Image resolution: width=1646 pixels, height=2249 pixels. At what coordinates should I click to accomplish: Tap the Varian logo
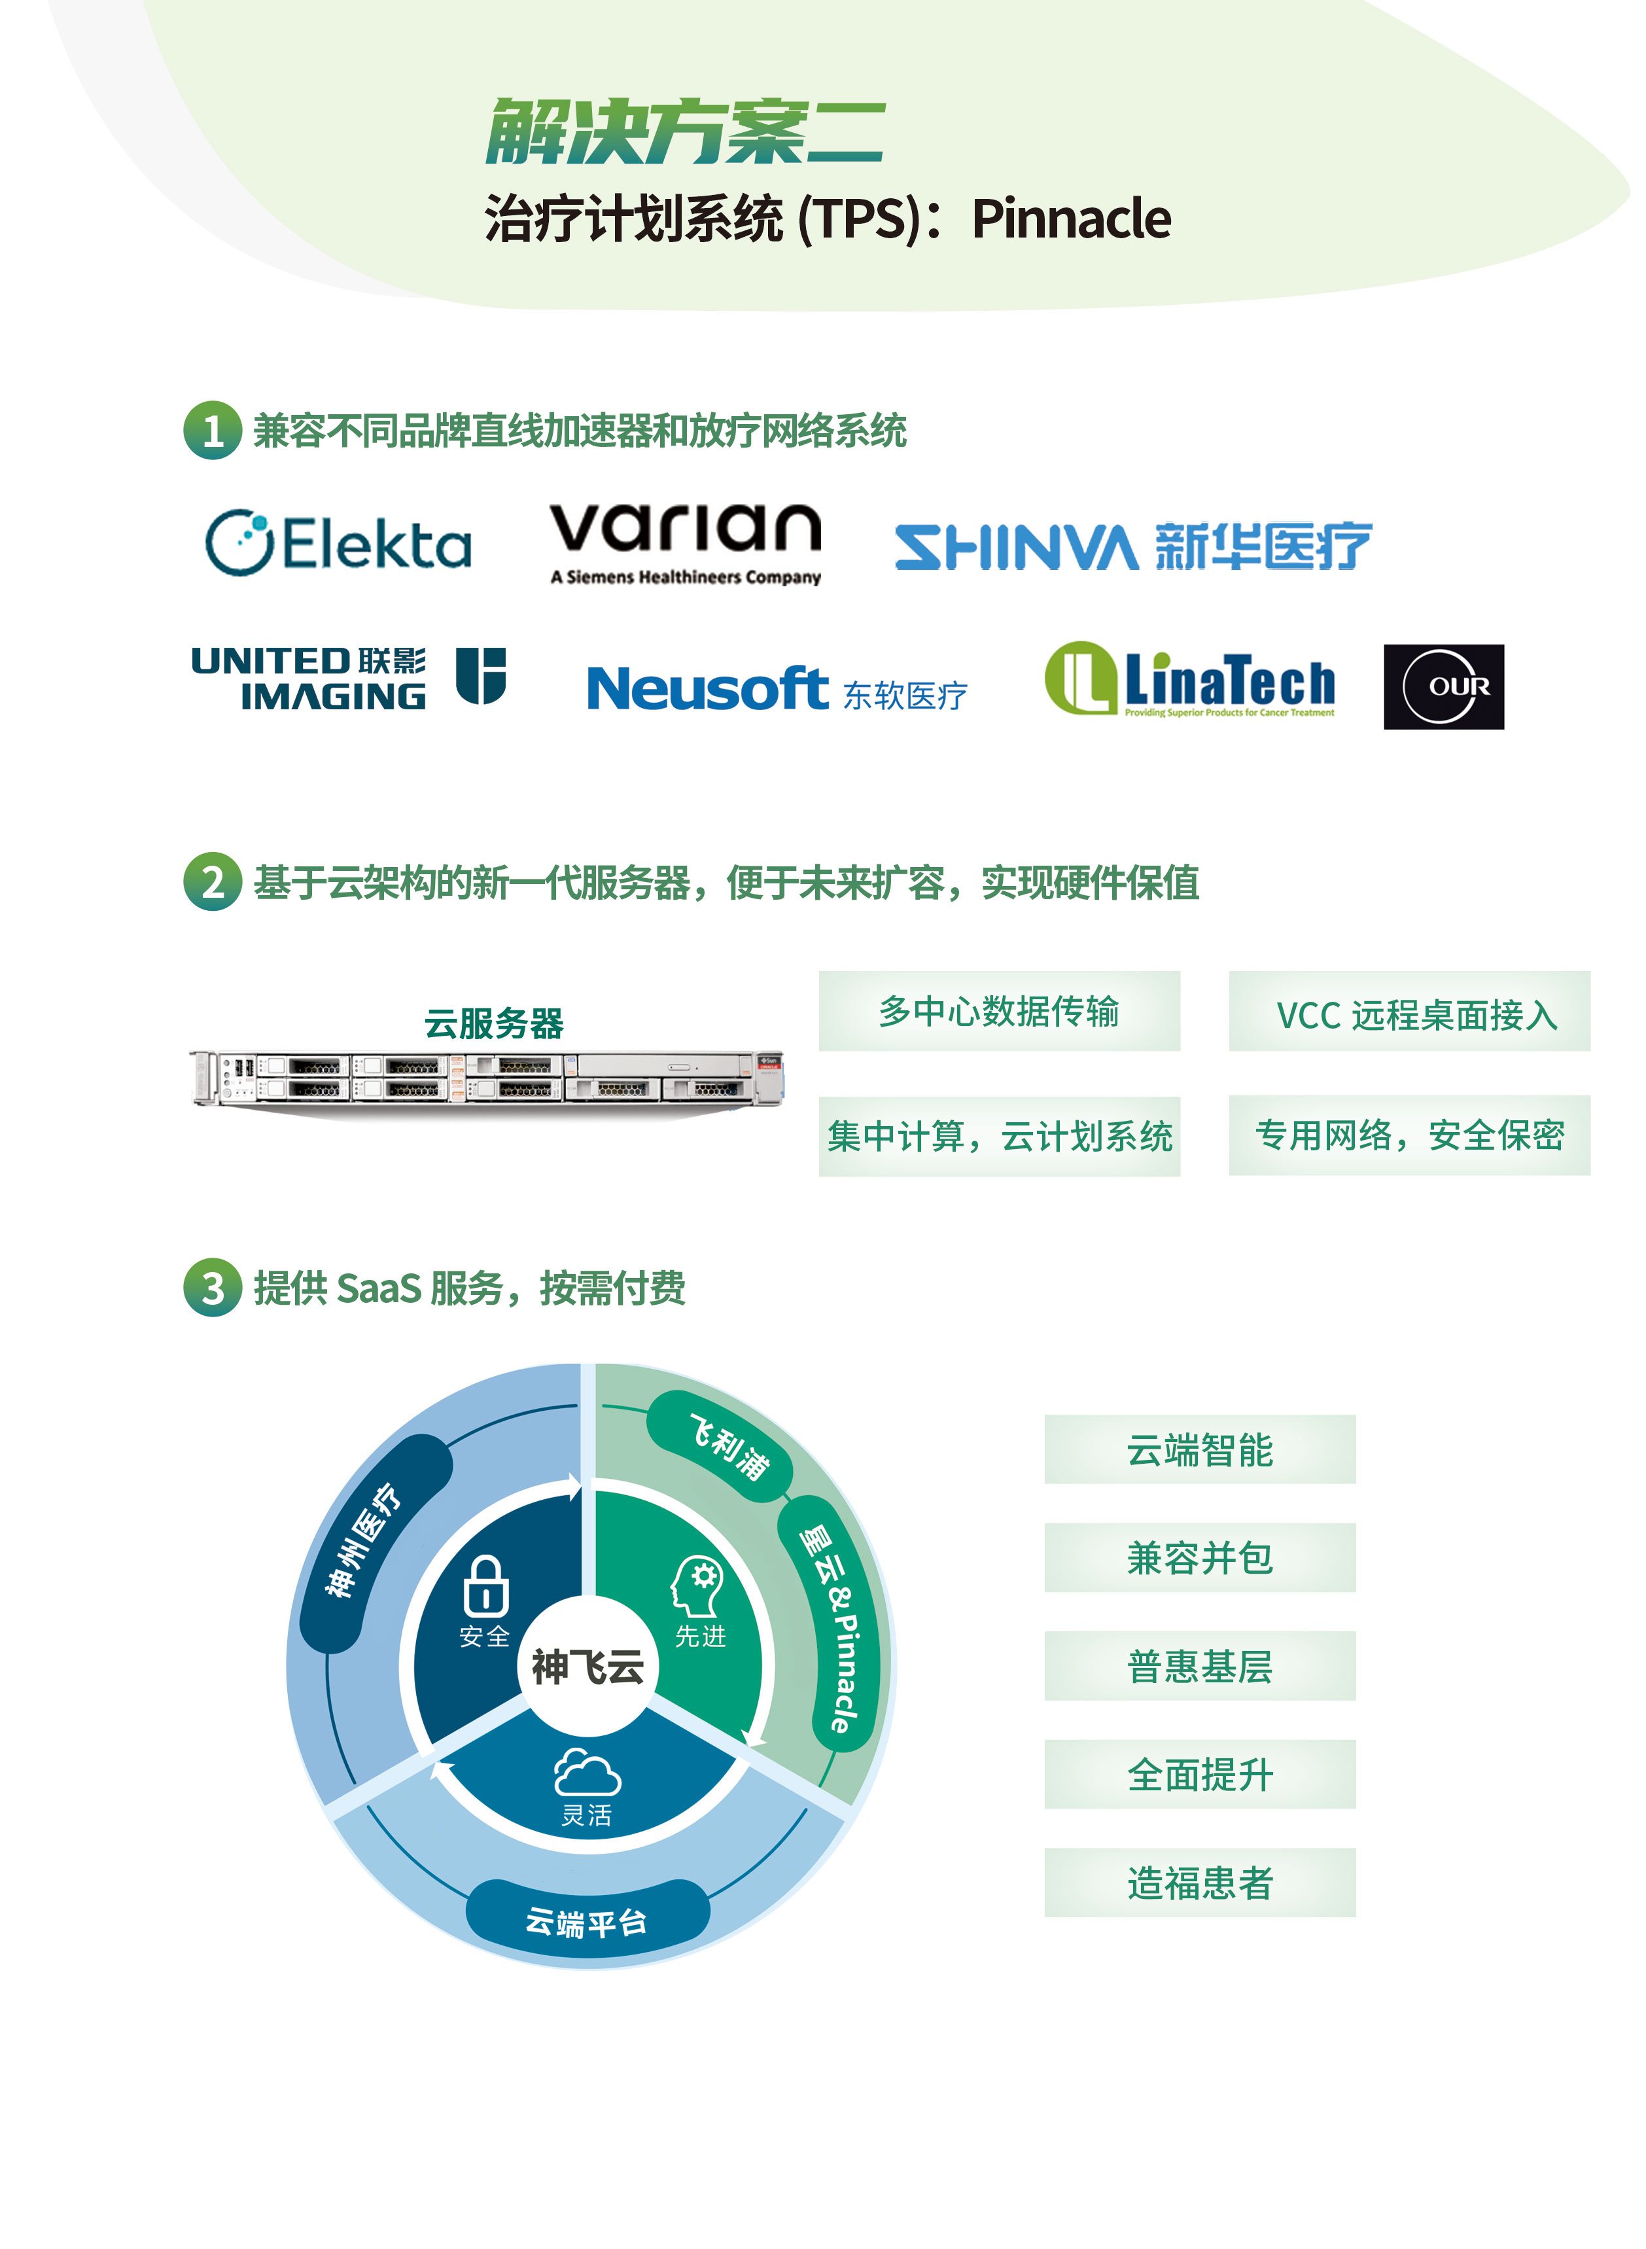pyautogui.click(x=686, y=541)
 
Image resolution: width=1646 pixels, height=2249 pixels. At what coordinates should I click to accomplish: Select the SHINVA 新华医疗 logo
pyautogui.click(x=1133, y=546)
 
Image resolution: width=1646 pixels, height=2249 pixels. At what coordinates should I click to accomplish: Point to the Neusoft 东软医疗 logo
pyautogui.click(x=776, y=688)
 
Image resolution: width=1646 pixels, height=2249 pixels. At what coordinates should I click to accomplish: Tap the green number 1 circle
pyautogui.click(x=212, y=431)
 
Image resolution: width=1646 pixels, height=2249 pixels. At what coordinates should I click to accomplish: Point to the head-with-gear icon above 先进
pyautogui.click(x=697, y=1585)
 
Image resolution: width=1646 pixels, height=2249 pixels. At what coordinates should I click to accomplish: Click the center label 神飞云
pyautogui.click(x=588, y=1666)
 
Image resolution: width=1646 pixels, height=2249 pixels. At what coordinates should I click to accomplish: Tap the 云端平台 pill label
pyautogui.click(x=587, y=1921)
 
